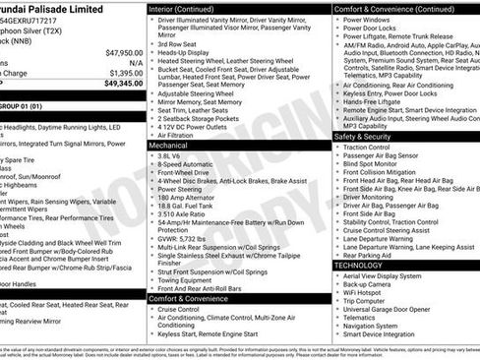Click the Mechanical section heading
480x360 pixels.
point(169,144)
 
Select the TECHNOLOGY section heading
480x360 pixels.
point(359,265)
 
